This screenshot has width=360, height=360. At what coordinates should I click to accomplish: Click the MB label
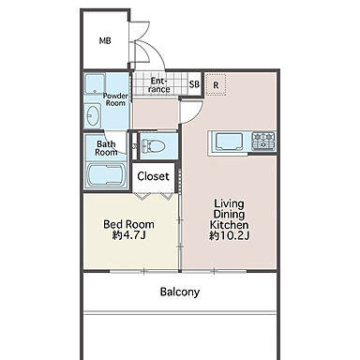pyautogui.click(x=105, y=40)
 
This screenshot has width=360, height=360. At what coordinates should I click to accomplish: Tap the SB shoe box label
pyautogui.click(x=194, y=84)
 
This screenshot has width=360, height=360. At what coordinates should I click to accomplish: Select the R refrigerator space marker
pyautogui.click(x=216, y=84)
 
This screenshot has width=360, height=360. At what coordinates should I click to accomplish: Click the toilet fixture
pyautogui.click(x=153, y=146)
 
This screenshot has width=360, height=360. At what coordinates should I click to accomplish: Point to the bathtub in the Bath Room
pyautogui.click(x=106, y=175)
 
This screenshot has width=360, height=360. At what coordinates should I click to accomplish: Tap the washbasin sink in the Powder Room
pyautogui.click(x=93, y=116)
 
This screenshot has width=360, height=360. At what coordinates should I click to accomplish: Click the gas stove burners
pyautogui.click(x=263, y=141)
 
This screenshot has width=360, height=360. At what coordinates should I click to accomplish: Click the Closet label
pyautogui.click(x=153, y=176)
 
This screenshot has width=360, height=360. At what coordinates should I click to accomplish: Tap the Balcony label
pyautogui.click(x=180, y=292)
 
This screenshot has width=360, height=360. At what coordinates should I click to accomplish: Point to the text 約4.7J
pyautogui.click(x=128, y=235)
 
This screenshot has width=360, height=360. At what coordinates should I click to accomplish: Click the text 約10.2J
pyautogui.click(x=230, y=235)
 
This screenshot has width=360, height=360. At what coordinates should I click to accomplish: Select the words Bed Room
pyautogui.click(x=128, y=224)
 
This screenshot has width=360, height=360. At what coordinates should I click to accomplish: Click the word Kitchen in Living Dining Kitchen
pyautogui.click(x=229, y=225)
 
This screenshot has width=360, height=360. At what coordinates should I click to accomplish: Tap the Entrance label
pyautogui.click(x=159, y=85)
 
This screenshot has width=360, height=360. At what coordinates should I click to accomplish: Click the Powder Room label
pyautogui.click(x=115, y=99)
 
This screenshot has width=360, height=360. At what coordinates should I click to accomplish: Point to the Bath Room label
pyautogui.click(x=106, y=148)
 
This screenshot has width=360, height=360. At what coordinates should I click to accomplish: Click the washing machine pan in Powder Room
pyautogui.click(x=95, y=83)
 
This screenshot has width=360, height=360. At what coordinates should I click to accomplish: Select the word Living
pyautogui.click(x=229, y=204)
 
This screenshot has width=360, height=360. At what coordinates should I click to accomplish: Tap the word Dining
pyautogui.click(x=229, y=215)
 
